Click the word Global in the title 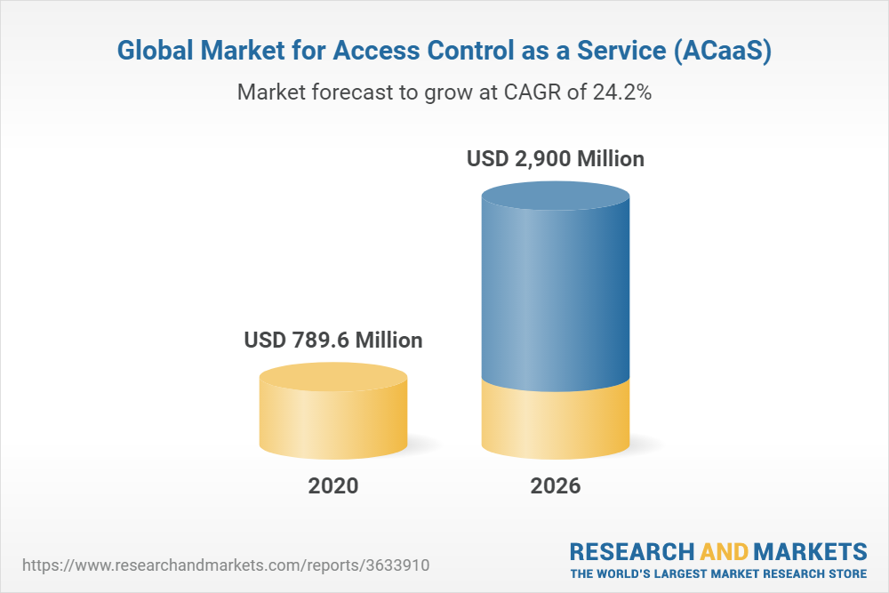tap(156, 52)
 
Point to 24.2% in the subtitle tap(622, 92)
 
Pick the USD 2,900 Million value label tap(556, 160)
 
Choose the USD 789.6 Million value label tap(333, 341)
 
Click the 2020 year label tap(333, 486)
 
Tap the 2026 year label tap(556, 486)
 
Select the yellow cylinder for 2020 tap(333, 418)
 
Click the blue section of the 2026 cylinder tap(556, 293)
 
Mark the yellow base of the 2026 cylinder tap(556, 422)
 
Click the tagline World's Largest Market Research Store tap(718, 573)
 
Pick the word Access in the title tap(382, 52)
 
